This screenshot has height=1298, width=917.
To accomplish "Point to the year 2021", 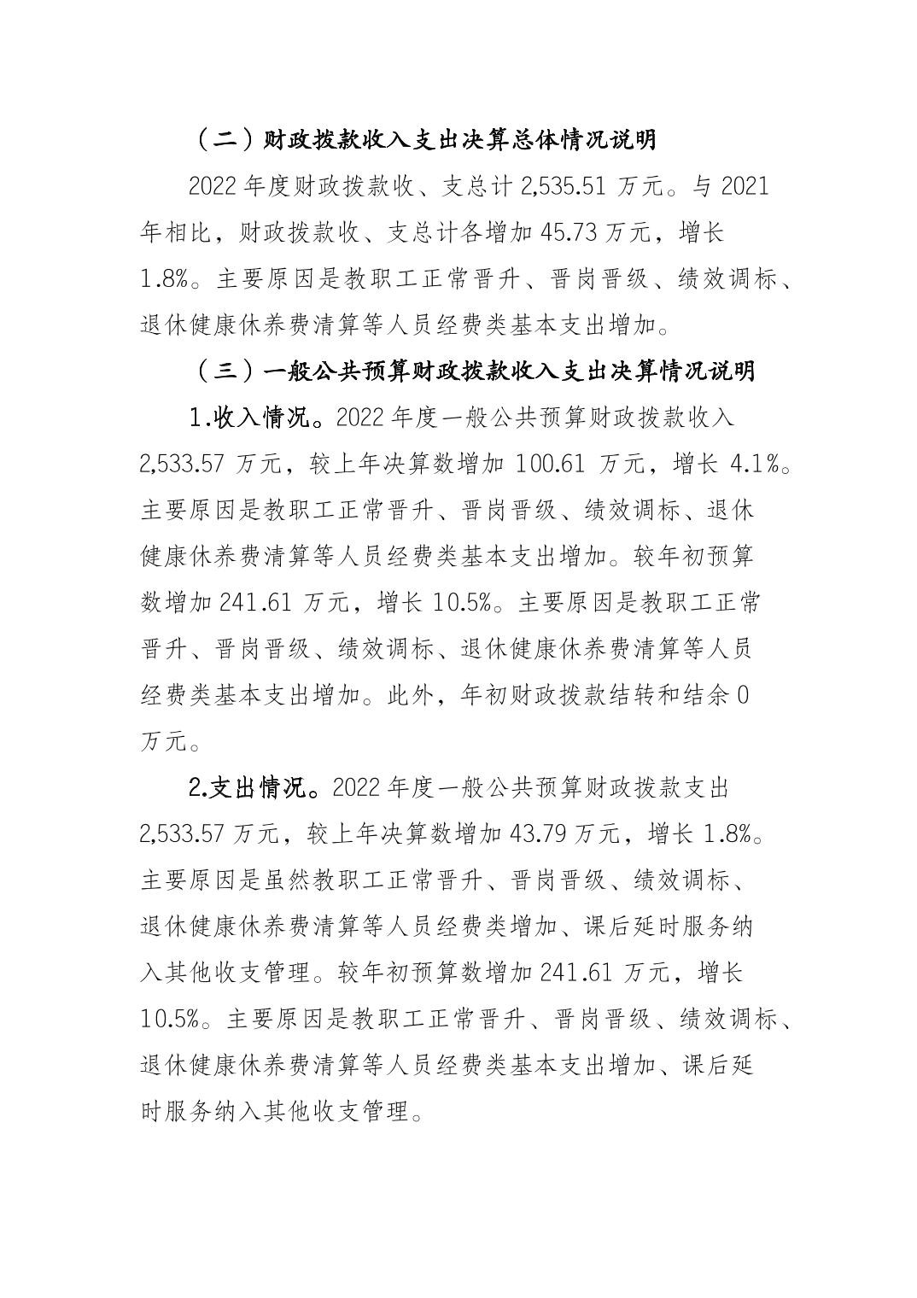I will tap(745, 186).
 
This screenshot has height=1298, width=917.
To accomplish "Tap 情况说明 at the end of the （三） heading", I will tap(705, 371).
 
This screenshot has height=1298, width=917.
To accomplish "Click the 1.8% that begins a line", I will tap(167, 278).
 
